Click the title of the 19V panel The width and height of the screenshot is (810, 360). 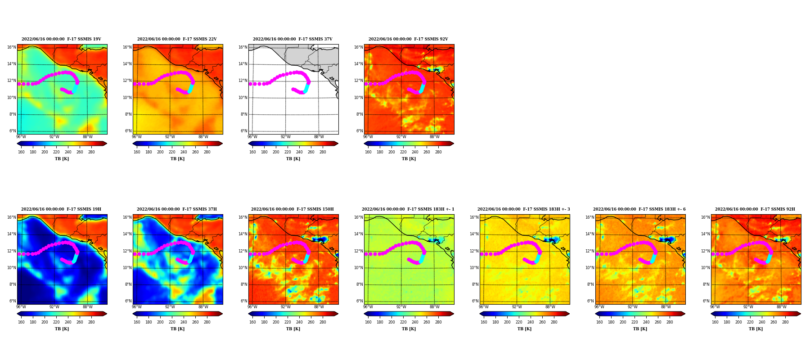pos(61,39)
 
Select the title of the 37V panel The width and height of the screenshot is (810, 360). pos(292,39)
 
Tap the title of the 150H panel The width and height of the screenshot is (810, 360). pos(292,209)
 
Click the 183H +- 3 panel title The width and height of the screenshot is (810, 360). pos(524,209)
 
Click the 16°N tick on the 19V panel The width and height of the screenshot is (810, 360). pos(11,47)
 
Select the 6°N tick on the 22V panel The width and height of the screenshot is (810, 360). pos(128,131)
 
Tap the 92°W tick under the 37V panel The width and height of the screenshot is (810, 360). pos(286,137)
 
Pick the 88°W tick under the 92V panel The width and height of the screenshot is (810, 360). pos(435,137)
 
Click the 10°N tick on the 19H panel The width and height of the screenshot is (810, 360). pos(11,268)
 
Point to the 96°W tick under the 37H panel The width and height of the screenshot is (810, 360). pos(137,307)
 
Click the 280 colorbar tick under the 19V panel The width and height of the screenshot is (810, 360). pos(91,152)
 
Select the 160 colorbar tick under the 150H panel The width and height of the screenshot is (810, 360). pos(252,322)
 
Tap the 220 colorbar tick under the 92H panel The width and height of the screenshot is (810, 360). pos(750,322)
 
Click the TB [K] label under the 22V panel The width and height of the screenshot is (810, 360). pos(177,159)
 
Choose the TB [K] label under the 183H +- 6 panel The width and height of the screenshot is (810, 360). pos(640,329)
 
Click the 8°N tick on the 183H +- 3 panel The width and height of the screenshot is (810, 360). pos(475,284)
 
